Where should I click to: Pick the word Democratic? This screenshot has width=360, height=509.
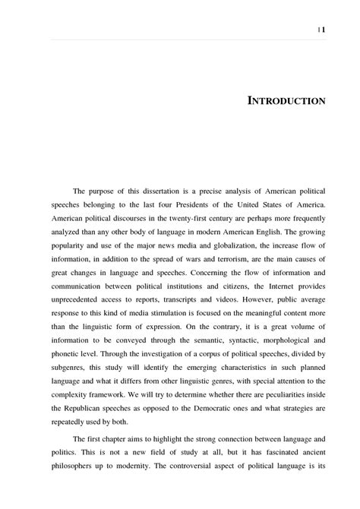tap(198, 408)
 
